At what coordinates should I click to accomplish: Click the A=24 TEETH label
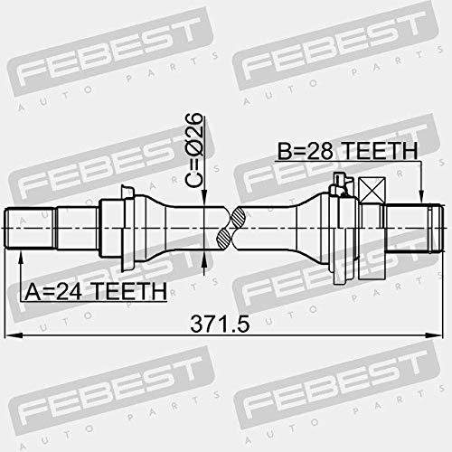tap(96, 291)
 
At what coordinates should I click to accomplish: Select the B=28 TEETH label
tap(347, 151)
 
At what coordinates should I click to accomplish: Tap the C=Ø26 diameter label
tap(193, 150)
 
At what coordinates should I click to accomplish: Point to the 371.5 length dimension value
tap(220, 324)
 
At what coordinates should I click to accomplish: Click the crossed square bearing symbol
tap(372, 190)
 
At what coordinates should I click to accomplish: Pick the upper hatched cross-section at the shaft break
tap(239, 217)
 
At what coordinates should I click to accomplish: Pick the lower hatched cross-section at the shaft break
tap(224, 239)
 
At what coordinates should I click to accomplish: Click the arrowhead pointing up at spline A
tap(21, 257)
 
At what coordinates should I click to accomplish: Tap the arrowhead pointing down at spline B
tap(421, 197)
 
